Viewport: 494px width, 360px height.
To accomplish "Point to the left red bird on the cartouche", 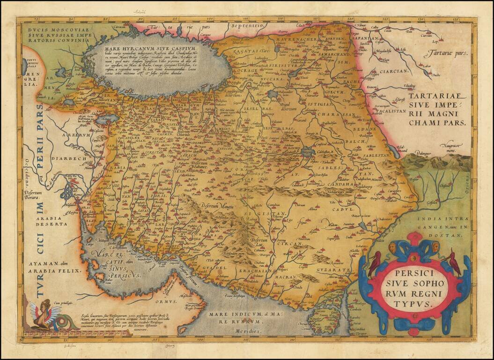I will pyautogui.click(x=374, y=264).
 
